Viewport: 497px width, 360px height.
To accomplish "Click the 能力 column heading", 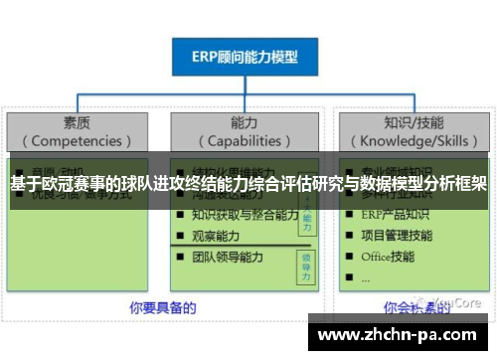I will tap(244, 123).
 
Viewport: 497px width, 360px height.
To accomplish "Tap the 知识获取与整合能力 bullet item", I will tap(246, 214).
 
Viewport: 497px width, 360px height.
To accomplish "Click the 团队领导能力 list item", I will tap(229, 257).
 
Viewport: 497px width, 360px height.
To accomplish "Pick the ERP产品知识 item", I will tap(397, 214).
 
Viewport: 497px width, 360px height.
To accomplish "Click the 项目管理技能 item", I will tap(397, 235).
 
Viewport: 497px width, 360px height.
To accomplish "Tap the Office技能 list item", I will tap(389, 257).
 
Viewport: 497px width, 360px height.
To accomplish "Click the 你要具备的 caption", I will tap(162, 306).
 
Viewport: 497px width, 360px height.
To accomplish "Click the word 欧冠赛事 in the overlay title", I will tap(79, 184).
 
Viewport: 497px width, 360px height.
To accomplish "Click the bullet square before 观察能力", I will tap(180, 236).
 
